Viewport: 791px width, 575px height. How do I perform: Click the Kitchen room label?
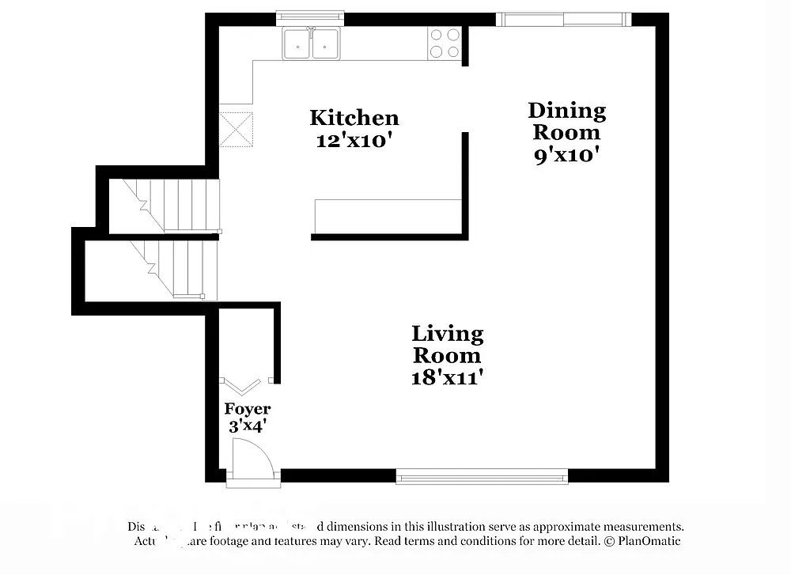pyautogui.click(x=354, y=118)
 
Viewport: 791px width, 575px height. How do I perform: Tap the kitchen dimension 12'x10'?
pyautogui.click(x=354, y=142)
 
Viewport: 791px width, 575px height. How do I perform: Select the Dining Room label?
pyautogui.click(x=566, y=121)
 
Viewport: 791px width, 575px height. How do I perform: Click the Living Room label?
pyautogui.click(x=448, y=344)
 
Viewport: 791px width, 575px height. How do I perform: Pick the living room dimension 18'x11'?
pyautogui.click(x=448, y=377)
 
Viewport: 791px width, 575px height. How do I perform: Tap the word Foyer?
pyautogui.click(x=247, y=409)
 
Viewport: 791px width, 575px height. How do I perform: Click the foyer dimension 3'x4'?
pyautogui.click(x=247, y=427)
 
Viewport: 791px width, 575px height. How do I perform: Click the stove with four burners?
pyautogui.click(x=444, y=43)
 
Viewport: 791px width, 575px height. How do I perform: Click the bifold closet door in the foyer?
pyautogui.click(x=243, y=385)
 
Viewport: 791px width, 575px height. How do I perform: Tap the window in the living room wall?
pyautogui.click(x=482, y=475)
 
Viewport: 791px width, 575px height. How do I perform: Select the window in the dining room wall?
pyautogui.click(x=563, y=19)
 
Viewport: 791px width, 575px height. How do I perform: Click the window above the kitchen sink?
pyautogui.click(x=310, y=16)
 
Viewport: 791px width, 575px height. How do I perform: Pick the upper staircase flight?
pyautogui.click(x=164, y=205)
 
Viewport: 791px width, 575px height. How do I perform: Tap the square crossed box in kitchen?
pyautogui.click(x=236, y=129)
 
